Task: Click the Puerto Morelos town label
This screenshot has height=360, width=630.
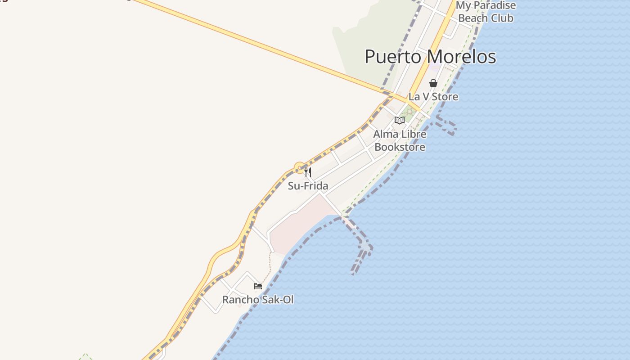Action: pos(430,57)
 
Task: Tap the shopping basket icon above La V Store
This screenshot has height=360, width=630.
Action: pos(433,83)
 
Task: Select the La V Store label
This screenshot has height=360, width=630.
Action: pos(433,96)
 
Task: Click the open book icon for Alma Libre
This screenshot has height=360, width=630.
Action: pos(399,120)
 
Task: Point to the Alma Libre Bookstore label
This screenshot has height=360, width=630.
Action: pos(400,140)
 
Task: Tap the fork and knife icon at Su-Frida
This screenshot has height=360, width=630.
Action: pos(308,172)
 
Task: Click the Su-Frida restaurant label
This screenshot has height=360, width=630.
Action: pos(308,186)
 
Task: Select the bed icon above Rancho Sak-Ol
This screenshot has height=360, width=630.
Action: pos(258,286)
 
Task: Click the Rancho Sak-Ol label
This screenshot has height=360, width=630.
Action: pos(258,300)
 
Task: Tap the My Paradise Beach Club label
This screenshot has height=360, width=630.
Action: pos(486,12)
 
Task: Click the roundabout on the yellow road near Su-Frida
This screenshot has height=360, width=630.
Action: pos(300,168)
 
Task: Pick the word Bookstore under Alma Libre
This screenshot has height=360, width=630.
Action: pos(400,147)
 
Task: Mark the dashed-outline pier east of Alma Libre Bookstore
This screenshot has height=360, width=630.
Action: pos(445,125)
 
